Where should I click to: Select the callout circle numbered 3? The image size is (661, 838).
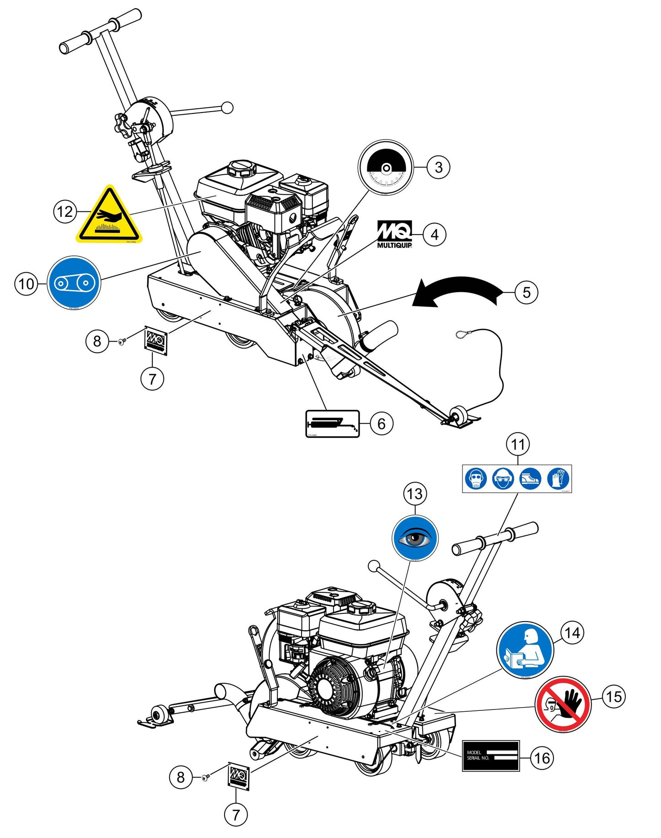click(x=438, y=167)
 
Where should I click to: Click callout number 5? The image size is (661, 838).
click(x=526, y=292)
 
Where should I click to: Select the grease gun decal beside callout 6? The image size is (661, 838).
click(x=333, y=424)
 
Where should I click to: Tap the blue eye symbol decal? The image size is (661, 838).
click(x=415, y=538)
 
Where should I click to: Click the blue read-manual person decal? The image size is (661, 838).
click(x=525, y=650)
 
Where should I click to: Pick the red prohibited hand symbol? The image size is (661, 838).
click(x=563, y=704)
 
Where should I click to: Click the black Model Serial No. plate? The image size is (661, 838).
click(x=490, y=756)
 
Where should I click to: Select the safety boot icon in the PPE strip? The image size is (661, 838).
click(x=531, y=479)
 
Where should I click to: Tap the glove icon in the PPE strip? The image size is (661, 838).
click(x=558, y=479)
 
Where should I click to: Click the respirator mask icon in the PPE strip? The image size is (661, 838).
click(x=476, y=479)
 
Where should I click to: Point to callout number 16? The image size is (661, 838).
click(x=542, y=758)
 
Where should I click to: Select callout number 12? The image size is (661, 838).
click(x=65, y=211)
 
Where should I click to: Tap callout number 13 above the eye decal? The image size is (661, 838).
click(x=415, y=494)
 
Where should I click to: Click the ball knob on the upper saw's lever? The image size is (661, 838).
click(x=227, y=108)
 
